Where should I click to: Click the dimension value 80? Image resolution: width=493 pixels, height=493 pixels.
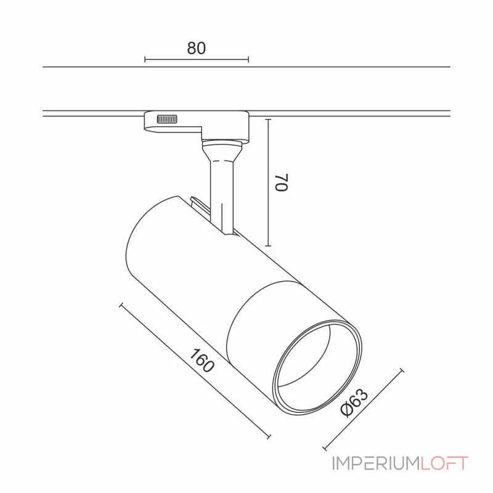pos(196,48)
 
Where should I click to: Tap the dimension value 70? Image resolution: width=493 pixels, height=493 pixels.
pos(282,182)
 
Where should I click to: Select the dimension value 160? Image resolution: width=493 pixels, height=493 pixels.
pos(202,361)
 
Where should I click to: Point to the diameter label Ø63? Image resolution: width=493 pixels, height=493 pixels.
pos(354,402)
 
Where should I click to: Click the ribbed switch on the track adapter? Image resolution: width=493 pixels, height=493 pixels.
pos(167,119)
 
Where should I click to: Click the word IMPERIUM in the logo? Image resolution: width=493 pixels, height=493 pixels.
pos(376,463)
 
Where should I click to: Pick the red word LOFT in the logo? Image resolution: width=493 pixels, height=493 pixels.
pos(444,463)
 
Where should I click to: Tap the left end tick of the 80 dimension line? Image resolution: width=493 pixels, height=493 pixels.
pos(145,59)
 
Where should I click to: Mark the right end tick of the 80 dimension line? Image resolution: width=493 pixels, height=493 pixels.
pos(248,59)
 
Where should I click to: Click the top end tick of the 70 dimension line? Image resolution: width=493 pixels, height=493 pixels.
pos(268,120)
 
